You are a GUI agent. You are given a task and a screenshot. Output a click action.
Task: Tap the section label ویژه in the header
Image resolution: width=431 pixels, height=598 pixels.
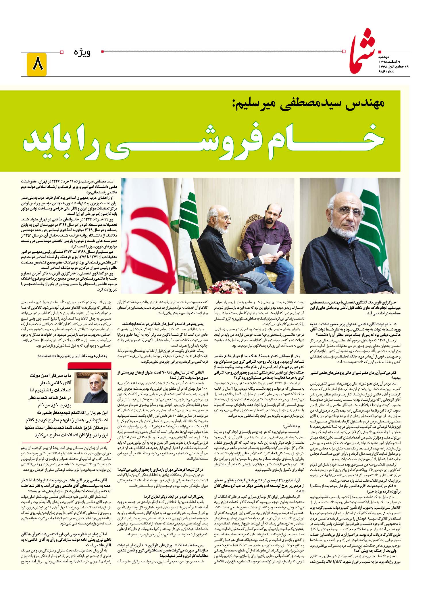tap(82, 53)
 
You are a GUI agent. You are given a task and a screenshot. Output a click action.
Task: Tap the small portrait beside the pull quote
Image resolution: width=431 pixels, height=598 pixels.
tap(92, 388)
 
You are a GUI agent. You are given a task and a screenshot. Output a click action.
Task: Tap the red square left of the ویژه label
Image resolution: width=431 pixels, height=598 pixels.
tap(103, 52)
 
